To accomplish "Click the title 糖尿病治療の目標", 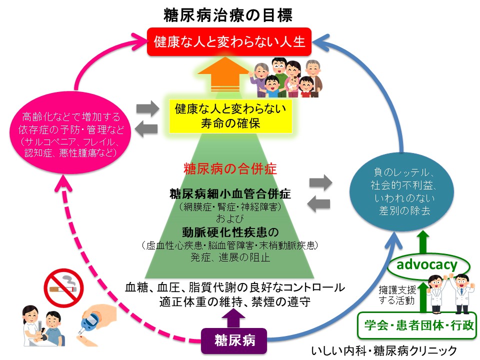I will click(228, 14).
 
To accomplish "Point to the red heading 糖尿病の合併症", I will click(230, 167).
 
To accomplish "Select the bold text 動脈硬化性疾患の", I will click(230, 232).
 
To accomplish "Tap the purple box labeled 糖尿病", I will click(234, 340).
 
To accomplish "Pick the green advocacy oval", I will click(426, 264).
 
